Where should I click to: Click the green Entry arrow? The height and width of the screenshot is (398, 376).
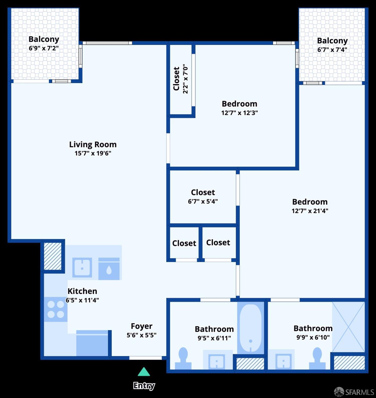(144, 372)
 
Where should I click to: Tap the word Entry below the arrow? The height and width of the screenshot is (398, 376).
(144, 386)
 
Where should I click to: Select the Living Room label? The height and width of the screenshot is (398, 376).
(93, 144)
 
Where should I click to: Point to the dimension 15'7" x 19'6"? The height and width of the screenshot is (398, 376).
(93, 153)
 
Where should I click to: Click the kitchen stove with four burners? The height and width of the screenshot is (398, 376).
(56, 309)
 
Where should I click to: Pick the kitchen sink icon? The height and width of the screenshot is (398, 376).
(82, 268)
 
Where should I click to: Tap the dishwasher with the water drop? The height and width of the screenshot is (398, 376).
(109, 269)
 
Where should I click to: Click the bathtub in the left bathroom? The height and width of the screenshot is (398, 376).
(251, 328)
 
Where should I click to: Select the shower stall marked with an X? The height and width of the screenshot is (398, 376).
(348, 327)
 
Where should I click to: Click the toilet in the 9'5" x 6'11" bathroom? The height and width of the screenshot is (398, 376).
(183, 358)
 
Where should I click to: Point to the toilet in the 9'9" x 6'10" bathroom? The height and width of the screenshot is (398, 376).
(317, 358)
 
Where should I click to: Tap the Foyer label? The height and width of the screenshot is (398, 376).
(142, 326)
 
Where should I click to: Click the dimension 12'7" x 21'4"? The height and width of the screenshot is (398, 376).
(310, 211)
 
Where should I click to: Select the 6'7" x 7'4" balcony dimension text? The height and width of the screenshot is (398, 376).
(332, 50)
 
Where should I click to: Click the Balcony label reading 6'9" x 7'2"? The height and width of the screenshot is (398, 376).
(44, 39)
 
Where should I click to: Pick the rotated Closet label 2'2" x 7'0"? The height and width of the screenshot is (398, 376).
(180, 79)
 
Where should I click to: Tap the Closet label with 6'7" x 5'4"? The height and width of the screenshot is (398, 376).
(203, 192)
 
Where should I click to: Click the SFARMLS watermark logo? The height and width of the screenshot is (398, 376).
(354, 392)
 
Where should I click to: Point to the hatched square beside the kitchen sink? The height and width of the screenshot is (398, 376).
(53, 256)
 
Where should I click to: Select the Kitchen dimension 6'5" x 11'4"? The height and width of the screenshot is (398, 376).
(82, 300)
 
